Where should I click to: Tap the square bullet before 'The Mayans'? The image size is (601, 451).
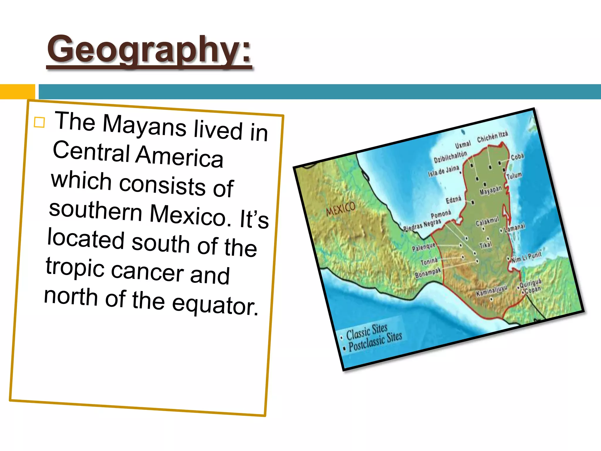click(39, 122)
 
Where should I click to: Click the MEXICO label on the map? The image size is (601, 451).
click(340, 209)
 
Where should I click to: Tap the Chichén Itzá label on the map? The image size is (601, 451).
click(492, 137)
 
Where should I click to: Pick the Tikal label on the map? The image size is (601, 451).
click(485, 245)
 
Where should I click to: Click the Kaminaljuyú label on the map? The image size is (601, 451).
click(491, 290)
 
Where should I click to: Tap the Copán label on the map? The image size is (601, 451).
click(533, 290)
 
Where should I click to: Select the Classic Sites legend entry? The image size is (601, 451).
click(367, 331)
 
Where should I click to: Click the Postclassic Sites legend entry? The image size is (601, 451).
click(375, 342)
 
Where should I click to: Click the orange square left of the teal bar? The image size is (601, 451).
click(17, 92)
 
